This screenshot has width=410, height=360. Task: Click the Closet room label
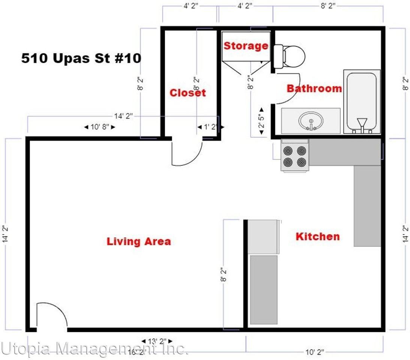(188, 93)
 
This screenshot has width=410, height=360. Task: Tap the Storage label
(246, 46)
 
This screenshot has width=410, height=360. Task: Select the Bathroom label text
(314, 88)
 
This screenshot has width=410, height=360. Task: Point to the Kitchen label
(318, 236)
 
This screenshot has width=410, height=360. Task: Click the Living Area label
(139, 241)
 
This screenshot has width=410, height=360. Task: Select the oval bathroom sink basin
(311, 121)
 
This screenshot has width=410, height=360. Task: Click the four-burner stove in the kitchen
(295, 156)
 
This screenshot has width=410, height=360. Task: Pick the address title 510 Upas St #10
(81, 58)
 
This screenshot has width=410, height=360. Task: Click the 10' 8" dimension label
(99, 127)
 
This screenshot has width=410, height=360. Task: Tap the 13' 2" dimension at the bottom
(157, 341)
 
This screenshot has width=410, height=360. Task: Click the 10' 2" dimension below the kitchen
(314, 352)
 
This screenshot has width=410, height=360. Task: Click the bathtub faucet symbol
(362, 124)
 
